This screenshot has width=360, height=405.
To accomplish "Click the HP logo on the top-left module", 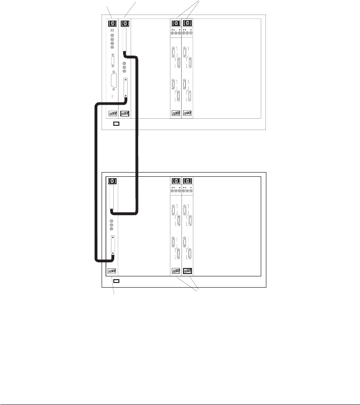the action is coord(112,23).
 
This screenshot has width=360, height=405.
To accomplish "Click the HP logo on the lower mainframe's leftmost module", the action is coord(112,181).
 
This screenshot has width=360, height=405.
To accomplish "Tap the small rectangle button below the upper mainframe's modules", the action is coord(117,124).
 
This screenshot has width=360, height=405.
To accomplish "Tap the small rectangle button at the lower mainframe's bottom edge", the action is coord(117,281).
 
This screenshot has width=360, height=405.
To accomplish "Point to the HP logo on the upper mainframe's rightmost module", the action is coord(187,23).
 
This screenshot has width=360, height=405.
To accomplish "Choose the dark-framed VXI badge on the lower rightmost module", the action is coord(187,270).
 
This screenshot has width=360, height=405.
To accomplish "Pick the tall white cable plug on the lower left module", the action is coord(112,198).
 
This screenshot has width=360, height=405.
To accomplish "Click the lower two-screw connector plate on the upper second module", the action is coord(125,88).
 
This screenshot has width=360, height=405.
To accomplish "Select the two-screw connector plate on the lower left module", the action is coord(113,246).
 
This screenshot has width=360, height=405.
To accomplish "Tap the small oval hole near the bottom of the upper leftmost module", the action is coord(112,97).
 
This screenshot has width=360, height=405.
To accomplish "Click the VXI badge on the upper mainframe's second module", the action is coord(125,113).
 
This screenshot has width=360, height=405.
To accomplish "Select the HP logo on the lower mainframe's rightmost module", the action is coord(187,181).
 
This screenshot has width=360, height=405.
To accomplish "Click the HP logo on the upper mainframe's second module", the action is coord(125,23).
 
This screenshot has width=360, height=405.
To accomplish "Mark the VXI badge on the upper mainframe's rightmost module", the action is coord(187,113).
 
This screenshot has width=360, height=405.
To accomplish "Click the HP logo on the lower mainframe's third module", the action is coord(176,181).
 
